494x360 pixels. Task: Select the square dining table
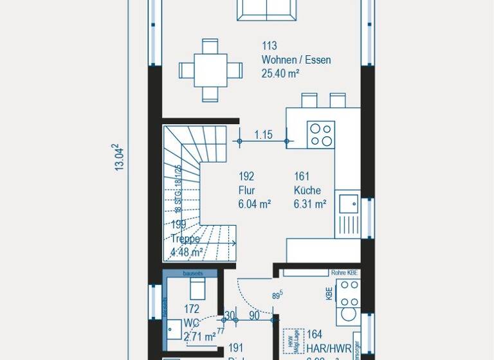coord(210,69)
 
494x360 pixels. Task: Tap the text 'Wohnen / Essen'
coord(296,60)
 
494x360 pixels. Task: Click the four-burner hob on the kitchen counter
coord(321,135)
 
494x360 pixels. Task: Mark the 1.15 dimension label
coord(263,135)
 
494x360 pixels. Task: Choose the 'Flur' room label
coord(246,190)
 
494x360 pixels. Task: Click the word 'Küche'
coord(307,190)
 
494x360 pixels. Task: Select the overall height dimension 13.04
coord(118,157)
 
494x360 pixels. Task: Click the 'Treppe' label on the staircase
coord(185,238)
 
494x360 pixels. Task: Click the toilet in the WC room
coord(193,287)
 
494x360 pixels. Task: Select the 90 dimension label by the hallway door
coord(254,316)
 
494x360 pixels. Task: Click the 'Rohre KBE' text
coord(344,273)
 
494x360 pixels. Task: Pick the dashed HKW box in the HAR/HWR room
coord(293,341)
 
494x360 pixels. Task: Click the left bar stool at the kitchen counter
coord(309,100)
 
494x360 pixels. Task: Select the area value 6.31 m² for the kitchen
coord(309,204)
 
